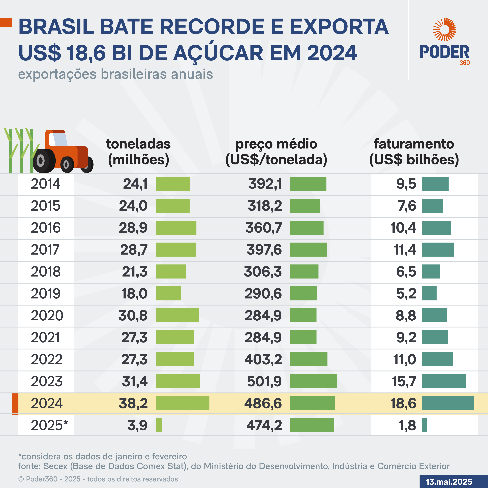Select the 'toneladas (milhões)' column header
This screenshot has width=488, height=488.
138,151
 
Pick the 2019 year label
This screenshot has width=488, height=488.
46,293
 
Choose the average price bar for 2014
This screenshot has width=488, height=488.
308,184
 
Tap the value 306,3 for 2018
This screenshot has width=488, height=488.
263,271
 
